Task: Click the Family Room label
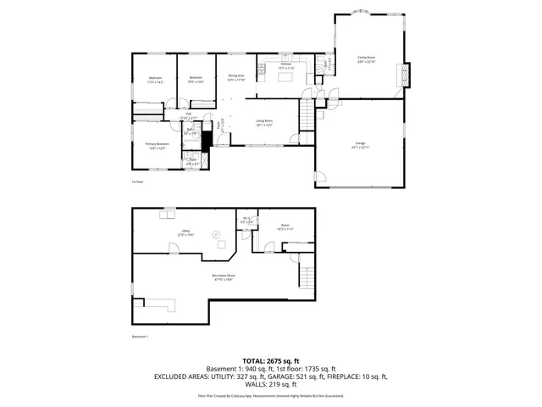click(366, 59)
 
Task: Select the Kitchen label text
click(286, 66)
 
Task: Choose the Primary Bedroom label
click(157, 146)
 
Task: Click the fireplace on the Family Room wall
click(405, 75)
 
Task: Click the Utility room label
click(185, 232)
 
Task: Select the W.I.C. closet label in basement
click(246, 221)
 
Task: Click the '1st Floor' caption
click(137, 181)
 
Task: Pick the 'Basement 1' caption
click(141, 337)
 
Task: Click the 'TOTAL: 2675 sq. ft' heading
click(270, 360)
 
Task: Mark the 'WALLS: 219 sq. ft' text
click(270, 386)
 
